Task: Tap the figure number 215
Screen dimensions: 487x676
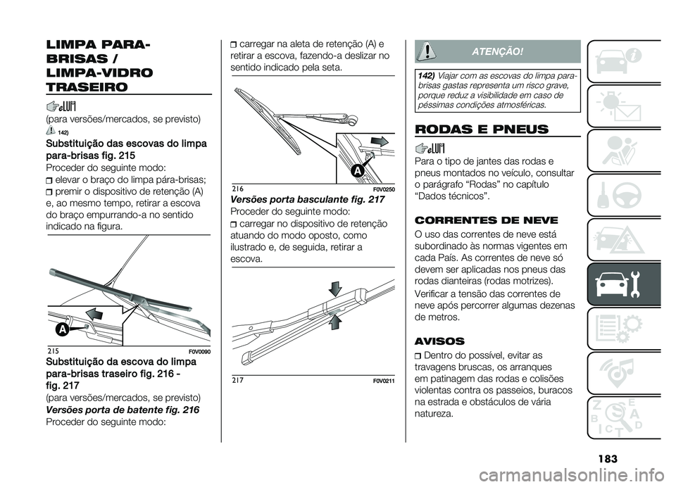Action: [54, 350]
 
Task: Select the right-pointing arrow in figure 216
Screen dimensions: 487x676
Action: [377, 141]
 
